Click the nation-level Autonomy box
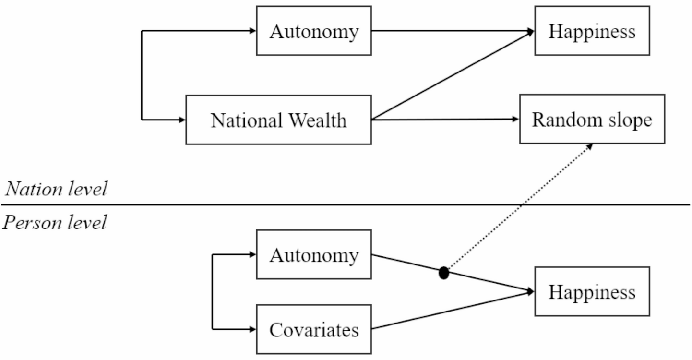click(x=314, y=31)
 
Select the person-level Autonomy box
click(x=314, y=254)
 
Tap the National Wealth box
click(x=278, y=120)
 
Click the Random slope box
click(x=592, y=119)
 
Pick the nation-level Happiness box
click(x=592, y=31)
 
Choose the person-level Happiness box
click(x=592, y=291)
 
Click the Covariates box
click(x=314, y=329)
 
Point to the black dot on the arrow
click(x=444, y=273)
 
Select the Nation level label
click(x=56, y=189)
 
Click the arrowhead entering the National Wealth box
click(x=182, y=120)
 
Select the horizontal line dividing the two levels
click(x=346, y=205)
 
